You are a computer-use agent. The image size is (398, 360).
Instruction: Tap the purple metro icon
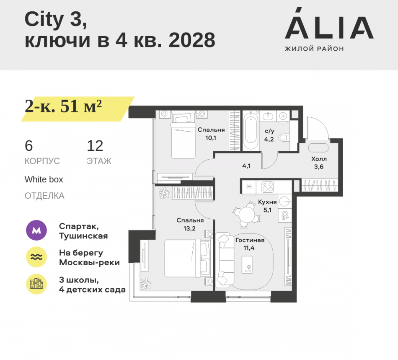coord(36,231)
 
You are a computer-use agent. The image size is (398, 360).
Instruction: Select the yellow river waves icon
coord(36,257)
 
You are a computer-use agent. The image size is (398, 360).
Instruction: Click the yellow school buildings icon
coord(36,284)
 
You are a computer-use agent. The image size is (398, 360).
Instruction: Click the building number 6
coord(28,146)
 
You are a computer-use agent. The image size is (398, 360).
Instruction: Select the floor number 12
coord(95,146)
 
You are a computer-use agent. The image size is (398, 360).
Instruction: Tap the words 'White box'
coord(44,179)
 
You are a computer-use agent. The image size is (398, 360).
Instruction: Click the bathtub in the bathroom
coord(252,130)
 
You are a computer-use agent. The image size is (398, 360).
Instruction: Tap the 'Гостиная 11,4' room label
coord(250,244)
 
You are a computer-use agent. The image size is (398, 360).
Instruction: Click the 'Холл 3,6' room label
coord(319,163)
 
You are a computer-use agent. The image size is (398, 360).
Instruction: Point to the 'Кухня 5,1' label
coord(267,205)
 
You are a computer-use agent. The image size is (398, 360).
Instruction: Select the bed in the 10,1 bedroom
coord(183,134)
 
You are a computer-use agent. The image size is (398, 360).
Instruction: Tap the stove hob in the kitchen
coord(267,187)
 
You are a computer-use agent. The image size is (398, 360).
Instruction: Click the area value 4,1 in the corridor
coord(246,166)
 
